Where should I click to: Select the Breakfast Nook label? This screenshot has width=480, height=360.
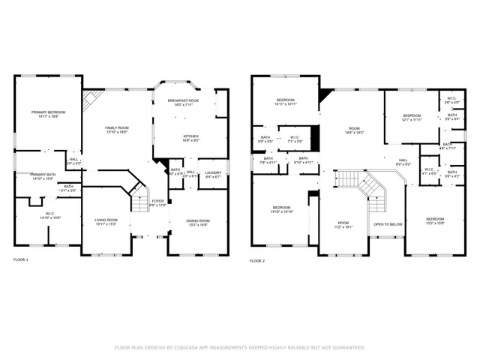click(184, 102)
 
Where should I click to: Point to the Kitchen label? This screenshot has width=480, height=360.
click(191, 138)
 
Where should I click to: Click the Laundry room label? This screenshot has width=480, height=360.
click(213, 174)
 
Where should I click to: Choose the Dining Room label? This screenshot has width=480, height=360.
click(199, 222)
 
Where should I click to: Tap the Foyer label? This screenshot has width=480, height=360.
click(157, 202)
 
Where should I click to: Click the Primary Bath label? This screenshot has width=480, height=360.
click(43, 176)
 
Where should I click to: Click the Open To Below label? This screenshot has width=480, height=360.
click(388, 224)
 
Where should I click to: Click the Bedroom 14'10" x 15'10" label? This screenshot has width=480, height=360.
click(281, 208)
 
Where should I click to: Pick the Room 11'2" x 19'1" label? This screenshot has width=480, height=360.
click(343, 224)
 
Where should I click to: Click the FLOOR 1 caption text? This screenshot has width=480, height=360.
click(21, 260)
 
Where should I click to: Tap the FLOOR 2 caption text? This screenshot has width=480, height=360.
click(257, 260)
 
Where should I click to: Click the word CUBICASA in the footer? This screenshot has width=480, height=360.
click(195, 347)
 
